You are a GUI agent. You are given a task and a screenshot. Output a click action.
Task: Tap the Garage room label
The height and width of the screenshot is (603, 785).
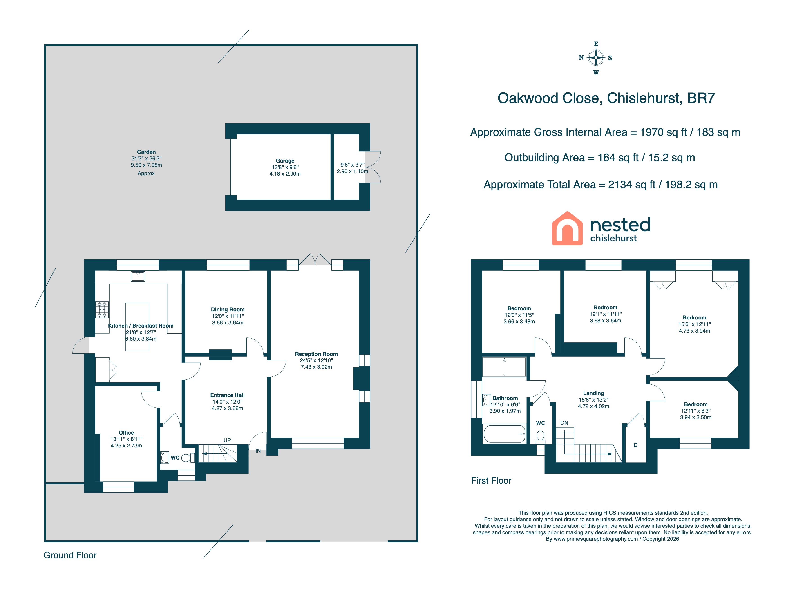285,161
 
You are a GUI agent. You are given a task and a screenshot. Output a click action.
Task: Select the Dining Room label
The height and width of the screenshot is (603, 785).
228,309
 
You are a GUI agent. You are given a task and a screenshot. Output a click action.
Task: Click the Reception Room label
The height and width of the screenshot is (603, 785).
316,354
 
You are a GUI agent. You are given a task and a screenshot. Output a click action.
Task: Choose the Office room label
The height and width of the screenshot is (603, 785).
126,433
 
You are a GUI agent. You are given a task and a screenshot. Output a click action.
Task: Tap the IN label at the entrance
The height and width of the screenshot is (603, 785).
258,451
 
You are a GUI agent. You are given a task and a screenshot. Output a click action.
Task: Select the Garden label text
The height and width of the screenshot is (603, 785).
146,152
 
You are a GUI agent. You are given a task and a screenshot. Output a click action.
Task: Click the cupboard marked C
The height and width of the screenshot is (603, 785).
635,445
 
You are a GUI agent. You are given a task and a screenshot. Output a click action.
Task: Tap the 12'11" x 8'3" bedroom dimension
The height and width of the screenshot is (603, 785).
696,411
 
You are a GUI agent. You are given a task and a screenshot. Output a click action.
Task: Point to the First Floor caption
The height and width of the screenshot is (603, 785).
491,481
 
